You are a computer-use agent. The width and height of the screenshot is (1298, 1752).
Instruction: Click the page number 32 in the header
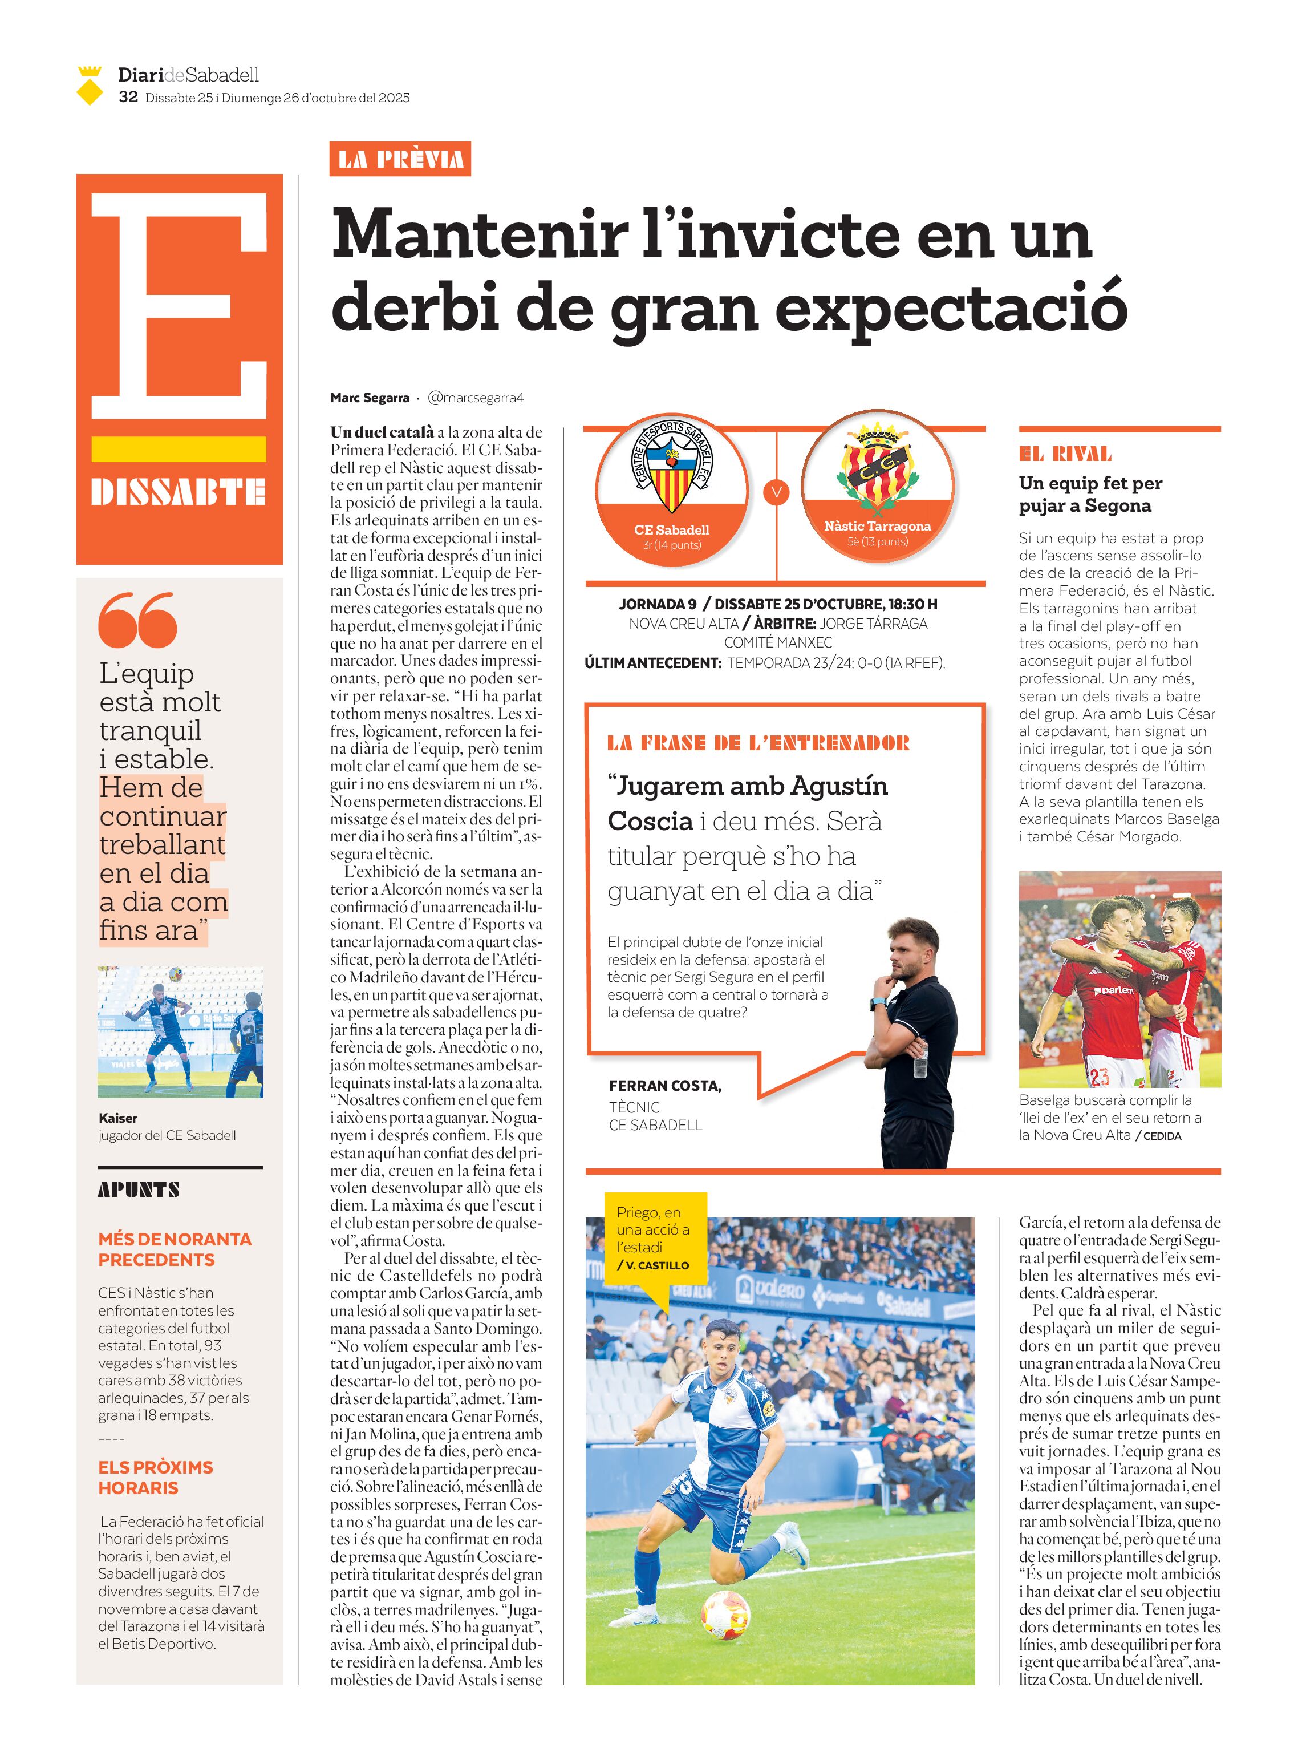[x=128, y=98]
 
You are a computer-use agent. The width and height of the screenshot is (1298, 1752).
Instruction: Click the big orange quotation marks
[x=137, y=620]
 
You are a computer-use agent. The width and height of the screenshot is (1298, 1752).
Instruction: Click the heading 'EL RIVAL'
[x=1065, y=454]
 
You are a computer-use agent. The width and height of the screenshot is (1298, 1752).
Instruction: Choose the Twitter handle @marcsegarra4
[x=476, y=398]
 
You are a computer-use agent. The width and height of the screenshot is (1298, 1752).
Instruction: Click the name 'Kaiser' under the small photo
[x=118, y=1118]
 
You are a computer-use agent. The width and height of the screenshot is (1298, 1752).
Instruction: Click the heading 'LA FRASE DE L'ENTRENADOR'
[x=758, y=743]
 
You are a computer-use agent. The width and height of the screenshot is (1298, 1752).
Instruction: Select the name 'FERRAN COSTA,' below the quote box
[x=665, y=1086]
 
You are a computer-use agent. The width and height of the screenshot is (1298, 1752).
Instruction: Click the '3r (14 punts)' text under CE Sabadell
[x=671, y=545]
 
